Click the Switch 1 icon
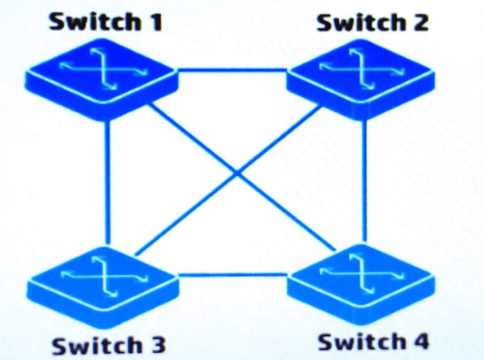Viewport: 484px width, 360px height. (x=101, y=79)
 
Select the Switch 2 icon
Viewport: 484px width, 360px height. (x=361, y=79)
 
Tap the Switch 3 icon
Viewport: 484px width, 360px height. (x=103, y=287)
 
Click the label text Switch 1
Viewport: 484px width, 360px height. (x=106, y=22)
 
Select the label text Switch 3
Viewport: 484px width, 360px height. (x=108, y=345)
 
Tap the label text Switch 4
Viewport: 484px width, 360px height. (x=374, y=342)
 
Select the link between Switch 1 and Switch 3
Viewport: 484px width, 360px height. (x=107, y=182)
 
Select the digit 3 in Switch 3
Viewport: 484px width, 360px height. (x=156, y=345)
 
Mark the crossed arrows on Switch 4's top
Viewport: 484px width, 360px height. (x=361, y=271)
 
